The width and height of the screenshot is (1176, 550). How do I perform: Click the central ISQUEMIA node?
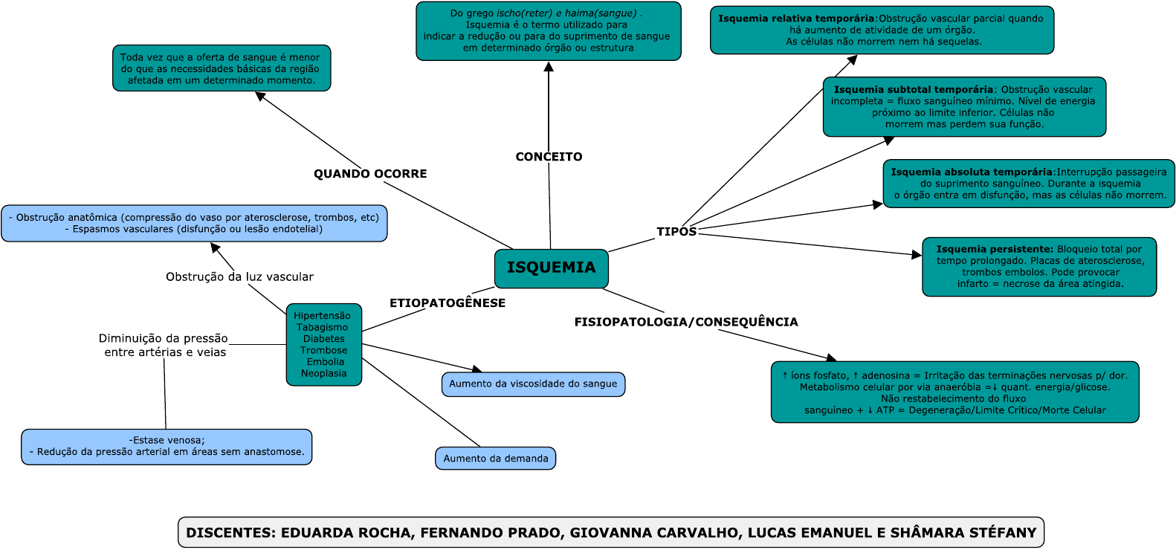pyautogui.click(x=551, y=268)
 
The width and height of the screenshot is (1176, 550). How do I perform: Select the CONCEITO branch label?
pyautogui.click(x=549, y=157)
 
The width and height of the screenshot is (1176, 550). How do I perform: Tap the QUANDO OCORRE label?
pyautogui.click(x=370, y=174)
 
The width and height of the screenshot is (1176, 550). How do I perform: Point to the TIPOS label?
pyautogui.click(x=676, y=232)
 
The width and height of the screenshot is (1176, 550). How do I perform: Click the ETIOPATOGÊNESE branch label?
pyautogui.click(x=448, y=303)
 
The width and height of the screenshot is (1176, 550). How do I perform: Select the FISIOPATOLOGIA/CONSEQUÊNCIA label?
pyautogui.click(x=686, y=322)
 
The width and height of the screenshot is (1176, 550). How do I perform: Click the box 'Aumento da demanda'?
pyautogui.click(x=496, y=459)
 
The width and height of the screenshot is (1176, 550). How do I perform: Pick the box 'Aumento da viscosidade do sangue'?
pyautogui.click(x=533, y=384)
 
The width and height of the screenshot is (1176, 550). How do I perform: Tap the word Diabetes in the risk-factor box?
pyautogui.click(x=324, y=339)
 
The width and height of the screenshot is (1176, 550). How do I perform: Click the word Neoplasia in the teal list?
pyautogui.click(x=324, y=373)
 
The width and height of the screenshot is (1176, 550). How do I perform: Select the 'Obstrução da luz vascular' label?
pyautogui.click(x=239, y=276)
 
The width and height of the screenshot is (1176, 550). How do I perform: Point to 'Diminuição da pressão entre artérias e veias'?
pyautogui.click(x=164, y=345)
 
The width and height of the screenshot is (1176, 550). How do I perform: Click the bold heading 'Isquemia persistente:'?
pyautogui.click(x=995, y=250)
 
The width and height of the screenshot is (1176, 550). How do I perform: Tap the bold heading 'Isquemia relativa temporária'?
pyautogui.click(x=795, y=19)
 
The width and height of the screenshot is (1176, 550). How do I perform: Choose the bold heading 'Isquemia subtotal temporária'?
pyautogui.click(x=913, y=90)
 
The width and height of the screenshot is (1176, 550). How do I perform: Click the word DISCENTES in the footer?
pyautogui.click(x=230, y=533)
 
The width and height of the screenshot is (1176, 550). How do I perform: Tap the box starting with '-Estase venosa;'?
pyautogui.click(x=167, y=447)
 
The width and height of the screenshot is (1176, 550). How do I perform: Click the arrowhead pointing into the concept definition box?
pyautogui.click(x=549, y=67)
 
